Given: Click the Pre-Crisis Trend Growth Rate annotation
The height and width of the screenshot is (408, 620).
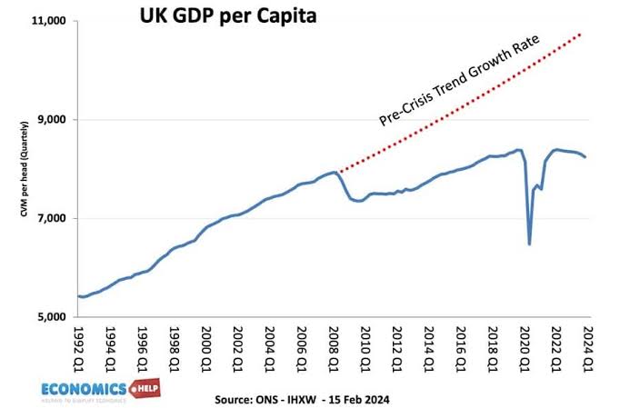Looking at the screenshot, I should click(459, 80).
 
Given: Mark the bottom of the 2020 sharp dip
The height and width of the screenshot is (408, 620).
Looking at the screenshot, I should click(529, 244).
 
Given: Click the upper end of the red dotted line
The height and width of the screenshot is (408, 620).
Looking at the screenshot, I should click(582, 34).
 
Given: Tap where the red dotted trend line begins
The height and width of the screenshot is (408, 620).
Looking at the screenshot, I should click(338, 171).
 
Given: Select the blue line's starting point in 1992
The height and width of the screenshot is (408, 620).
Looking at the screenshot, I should click(80, 295).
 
